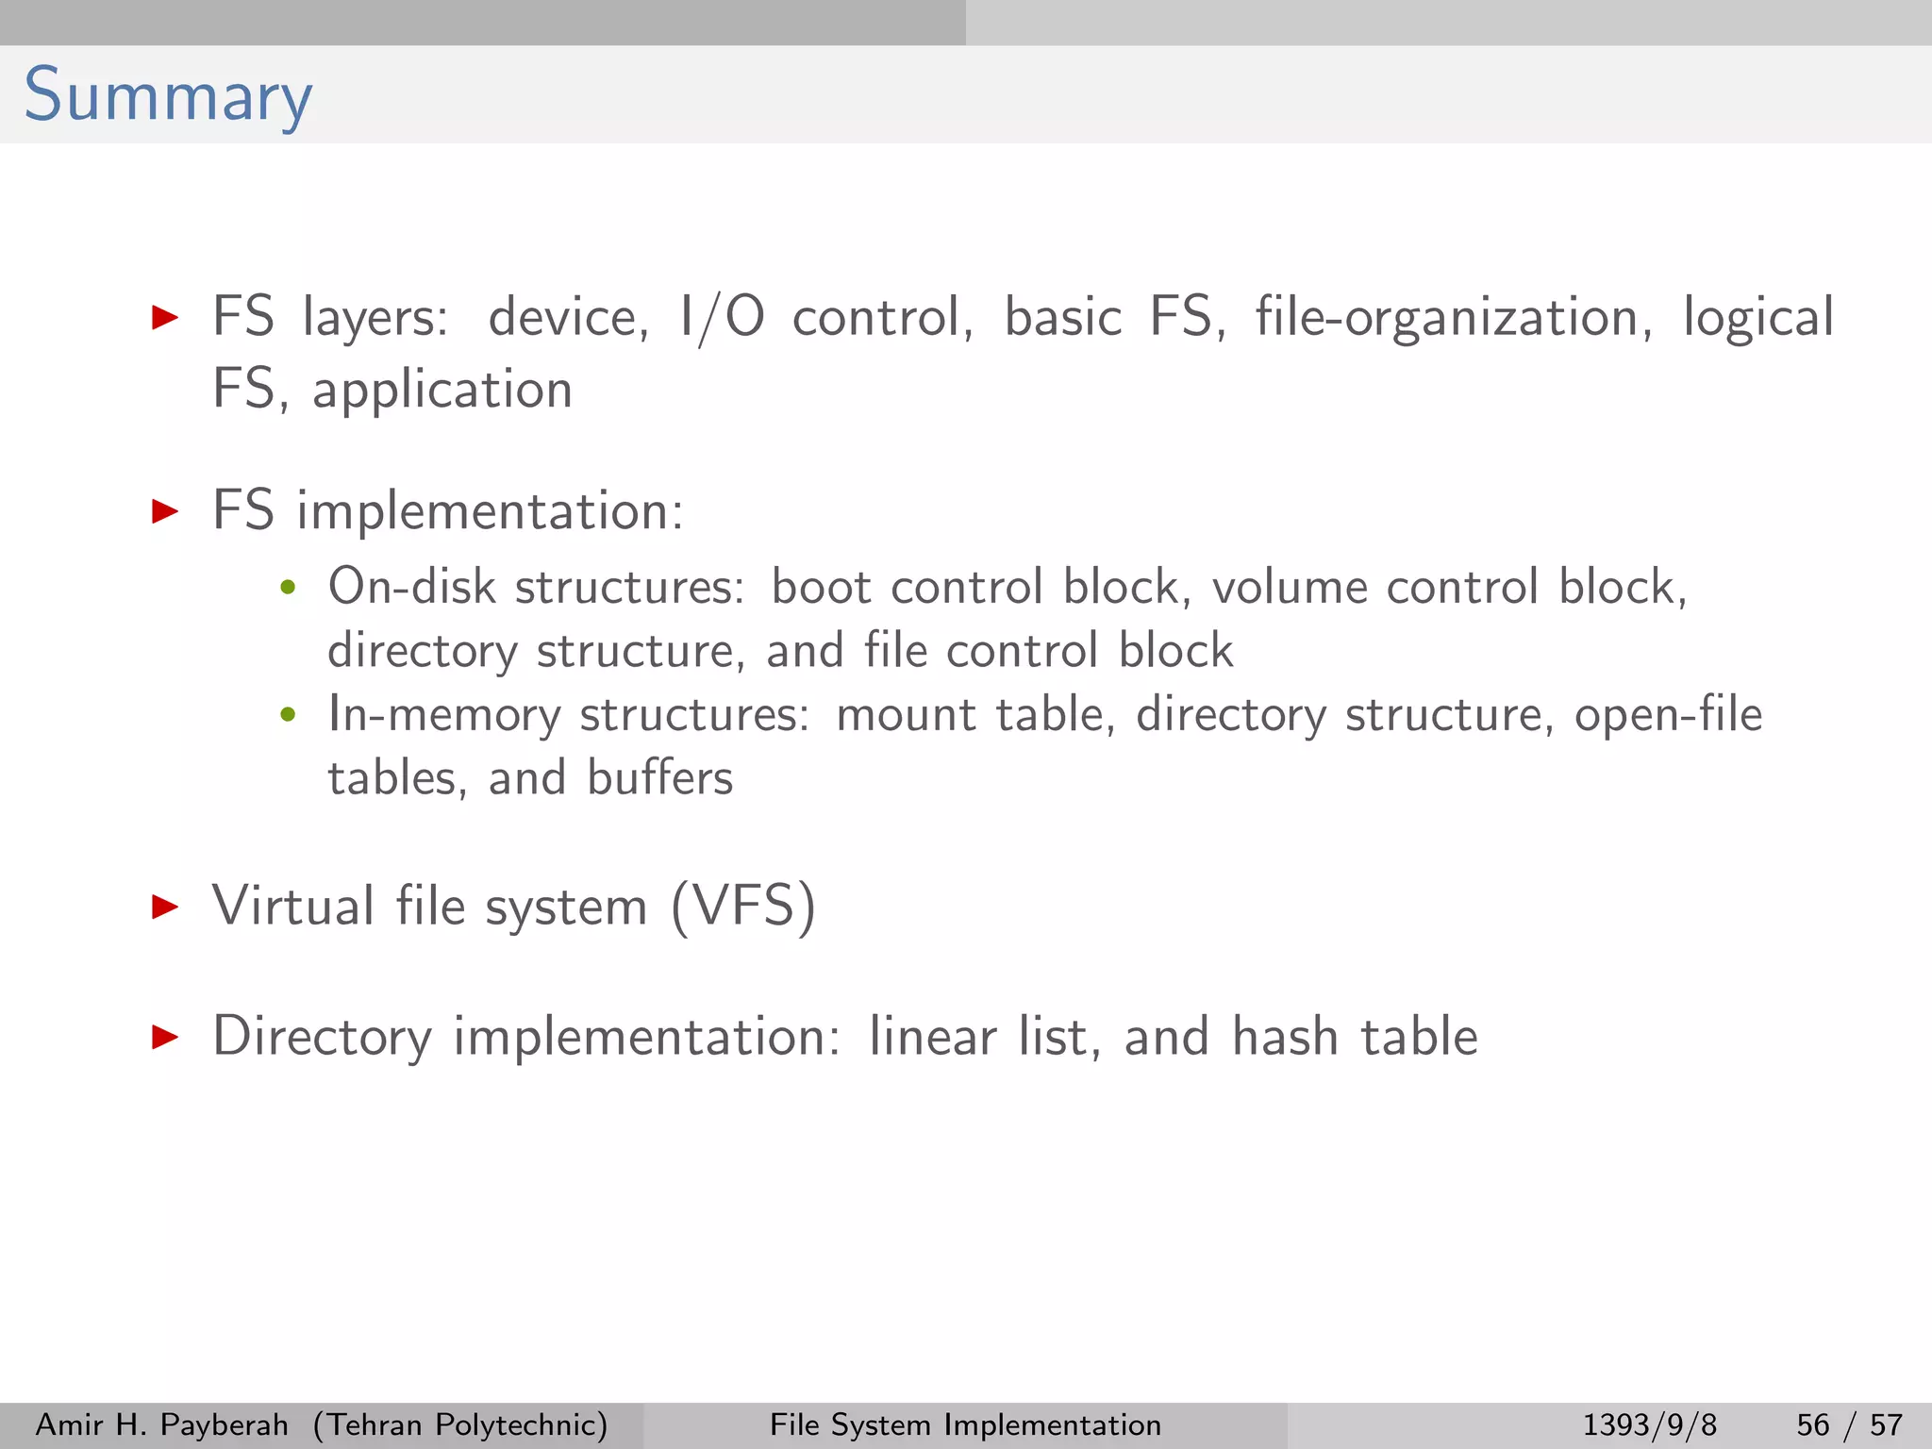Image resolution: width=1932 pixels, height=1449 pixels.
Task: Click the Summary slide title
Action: [x=168, y=96]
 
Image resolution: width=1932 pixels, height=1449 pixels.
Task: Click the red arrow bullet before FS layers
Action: [x=165, y=317]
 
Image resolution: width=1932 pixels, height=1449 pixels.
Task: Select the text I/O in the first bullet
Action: [x=722, y=318]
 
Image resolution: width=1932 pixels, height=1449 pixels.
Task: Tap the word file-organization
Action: [x=1453, y=318]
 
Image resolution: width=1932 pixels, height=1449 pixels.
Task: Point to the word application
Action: [x=442, y=391]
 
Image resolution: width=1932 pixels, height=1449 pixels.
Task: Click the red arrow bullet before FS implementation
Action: [x=165, y=511]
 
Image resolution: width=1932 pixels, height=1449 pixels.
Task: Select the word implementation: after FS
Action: [x=490, y=513]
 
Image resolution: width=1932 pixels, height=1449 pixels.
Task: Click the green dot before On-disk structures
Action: [x=289, y=589]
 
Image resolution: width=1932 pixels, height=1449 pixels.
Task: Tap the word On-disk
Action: [x=411, y=587]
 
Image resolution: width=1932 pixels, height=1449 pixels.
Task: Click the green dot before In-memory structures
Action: [x=289, y=715]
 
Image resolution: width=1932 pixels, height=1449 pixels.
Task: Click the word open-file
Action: [x=1668, y=715]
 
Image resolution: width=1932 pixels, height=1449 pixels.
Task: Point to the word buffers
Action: [x=659, y=779]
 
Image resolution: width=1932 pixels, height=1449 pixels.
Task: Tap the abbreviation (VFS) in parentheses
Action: [x=743, y=908]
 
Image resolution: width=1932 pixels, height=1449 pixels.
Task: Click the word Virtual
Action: [x=293, y=906]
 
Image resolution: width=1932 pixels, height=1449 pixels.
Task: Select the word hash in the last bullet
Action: [x=1286, y=1037]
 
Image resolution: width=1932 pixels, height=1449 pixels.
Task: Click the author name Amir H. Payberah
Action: [x=161, y=1424]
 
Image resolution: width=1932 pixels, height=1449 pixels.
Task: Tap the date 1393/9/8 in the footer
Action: [x=1649, y=1424]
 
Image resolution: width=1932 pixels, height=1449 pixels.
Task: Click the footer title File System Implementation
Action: [x=965, y=1424]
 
